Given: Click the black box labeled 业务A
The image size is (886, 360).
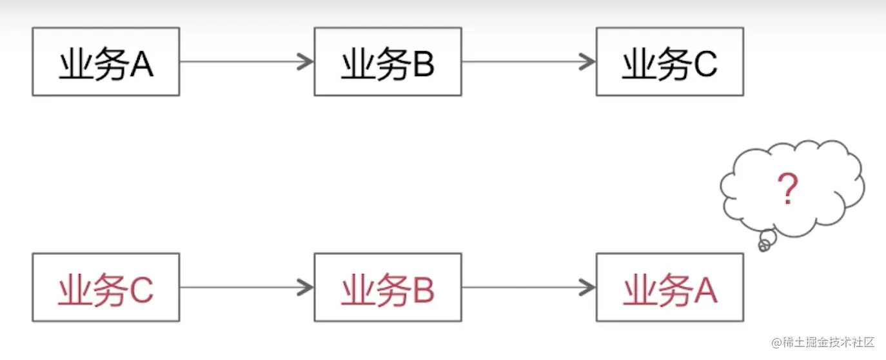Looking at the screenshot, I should (106, 62).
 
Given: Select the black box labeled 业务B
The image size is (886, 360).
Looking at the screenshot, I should (388, 62).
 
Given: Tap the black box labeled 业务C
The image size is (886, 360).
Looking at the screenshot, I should (669, 62).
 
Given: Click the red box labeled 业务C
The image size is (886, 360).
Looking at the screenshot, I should (106, 287).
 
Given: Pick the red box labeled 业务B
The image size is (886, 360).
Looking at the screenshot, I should (388, 287).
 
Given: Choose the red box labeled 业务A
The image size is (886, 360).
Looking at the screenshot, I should (669, 287).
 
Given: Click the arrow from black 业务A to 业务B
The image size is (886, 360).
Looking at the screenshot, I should (245, 62).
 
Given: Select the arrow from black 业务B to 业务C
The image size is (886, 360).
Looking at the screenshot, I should (527, 62).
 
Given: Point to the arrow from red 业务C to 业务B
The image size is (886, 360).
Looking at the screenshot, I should (245, 287).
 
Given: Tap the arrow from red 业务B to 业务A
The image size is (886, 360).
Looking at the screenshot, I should (527, 287).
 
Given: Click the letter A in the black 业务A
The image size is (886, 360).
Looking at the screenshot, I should (141, 65).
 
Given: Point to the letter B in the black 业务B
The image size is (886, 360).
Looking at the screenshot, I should (422, 65).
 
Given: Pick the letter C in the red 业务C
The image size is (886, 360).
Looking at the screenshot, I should (141, 290).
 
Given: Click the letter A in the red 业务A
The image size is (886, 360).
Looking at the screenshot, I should (705, 290).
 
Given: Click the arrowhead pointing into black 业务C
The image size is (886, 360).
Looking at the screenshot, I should (588, 62).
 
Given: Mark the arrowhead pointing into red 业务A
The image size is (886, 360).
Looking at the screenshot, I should (588, 287).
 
